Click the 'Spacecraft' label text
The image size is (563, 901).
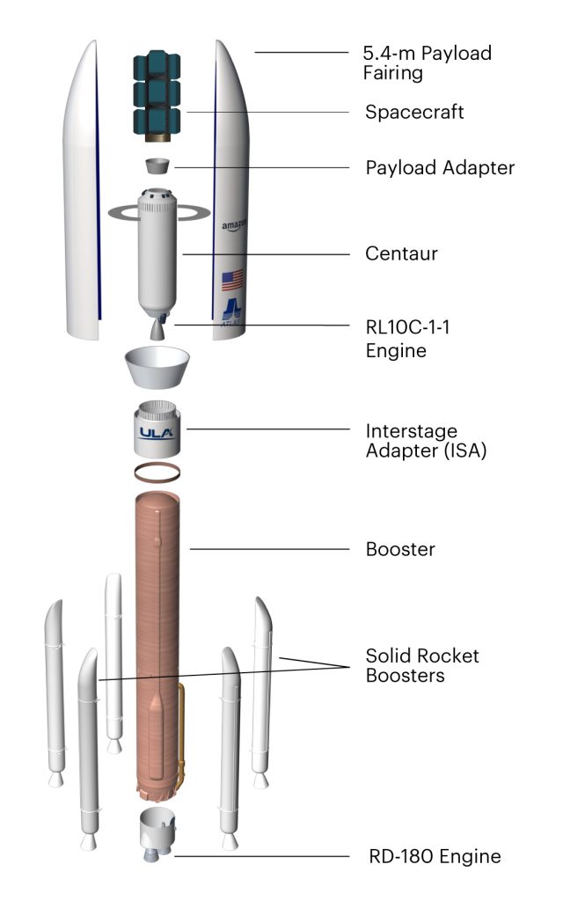point(413,113)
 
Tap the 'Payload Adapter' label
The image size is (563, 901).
point(439,167)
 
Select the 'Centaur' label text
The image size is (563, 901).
point(401,254)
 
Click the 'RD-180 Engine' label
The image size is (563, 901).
point(434,855)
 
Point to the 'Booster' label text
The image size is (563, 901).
point(400,550)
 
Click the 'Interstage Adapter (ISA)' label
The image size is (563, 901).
point(426,441)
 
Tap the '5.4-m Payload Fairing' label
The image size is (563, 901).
point(428,62)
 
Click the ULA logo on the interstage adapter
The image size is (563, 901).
point(158,432)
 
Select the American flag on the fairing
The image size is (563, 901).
point(232,281)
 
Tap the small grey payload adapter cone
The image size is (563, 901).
point(158,166)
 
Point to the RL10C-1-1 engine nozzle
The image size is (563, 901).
point(157,331)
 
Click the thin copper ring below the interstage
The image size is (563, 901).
point(157,472)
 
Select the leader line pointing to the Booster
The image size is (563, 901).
point(264,550)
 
